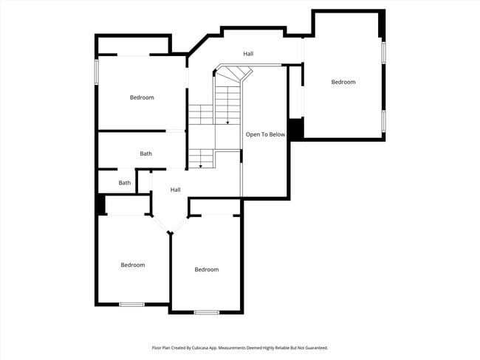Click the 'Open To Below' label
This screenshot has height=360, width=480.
click(x=265, y=135)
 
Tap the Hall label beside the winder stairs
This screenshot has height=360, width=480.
click(x=249, y=54)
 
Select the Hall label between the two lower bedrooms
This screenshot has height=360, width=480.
click(x=175, y=190)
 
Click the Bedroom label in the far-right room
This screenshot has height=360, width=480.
click(x=343, y=82)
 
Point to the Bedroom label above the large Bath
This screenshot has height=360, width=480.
click(x=142, y=97)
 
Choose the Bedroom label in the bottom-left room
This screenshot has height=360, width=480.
click(x=133, y=265)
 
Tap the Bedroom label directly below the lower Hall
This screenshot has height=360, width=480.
click(x=207, y=269)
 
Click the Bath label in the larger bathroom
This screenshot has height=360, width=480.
click(x=146, y=153)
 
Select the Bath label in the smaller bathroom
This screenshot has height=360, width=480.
click(x=125, y=183)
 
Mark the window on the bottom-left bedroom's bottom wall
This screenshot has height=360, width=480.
click(x=132, y=305)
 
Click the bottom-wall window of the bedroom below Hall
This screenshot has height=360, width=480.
click(x=207, y=312)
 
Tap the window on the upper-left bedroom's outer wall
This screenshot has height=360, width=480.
click(x=96, y=72)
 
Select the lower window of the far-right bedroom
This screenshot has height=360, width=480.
click(x=383, y=120)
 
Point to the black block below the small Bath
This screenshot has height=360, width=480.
click(x=101, y=204)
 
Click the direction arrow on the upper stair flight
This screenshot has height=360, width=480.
click(x=227, y=122)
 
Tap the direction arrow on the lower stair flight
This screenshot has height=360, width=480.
click(x=201, y=167)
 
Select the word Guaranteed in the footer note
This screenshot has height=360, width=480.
click(x=313, y=347)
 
